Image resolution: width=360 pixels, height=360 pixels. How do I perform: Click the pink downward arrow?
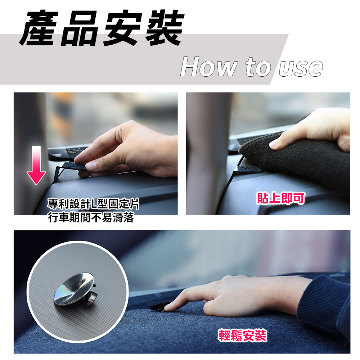pos(36,165)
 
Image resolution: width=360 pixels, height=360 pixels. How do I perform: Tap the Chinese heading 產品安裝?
pos(102,28)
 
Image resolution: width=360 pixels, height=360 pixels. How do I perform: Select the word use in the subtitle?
pos(301,68)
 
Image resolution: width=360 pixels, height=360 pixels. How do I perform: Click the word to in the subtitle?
pos(258,67)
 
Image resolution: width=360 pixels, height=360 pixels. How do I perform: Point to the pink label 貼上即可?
pos(281,198)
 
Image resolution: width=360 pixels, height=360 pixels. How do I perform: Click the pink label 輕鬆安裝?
pos(242,336)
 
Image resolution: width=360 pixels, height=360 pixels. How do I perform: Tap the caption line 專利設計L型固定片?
pos(93,204)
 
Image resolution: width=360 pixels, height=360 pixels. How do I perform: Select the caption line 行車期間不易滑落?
pos(91,217)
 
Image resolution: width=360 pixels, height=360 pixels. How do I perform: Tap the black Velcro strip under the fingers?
pos(75,165)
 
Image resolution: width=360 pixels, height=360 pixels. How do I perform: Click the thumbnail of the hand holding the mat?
pos(268,153)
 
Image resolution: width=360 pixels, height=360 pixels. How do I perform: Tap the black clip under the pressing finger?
pos(158,307)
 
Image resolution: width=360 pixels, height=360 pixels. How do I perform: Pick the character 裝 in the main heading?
pos(165,28)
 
